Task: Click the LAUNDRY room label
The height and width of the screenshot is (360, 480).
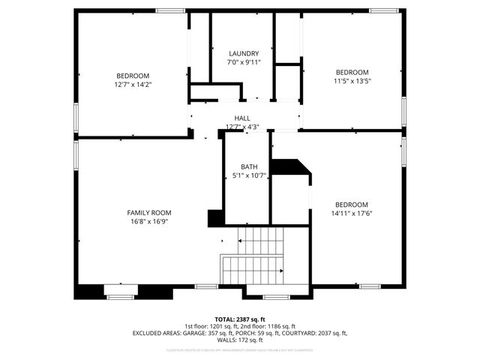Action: pos(244,54)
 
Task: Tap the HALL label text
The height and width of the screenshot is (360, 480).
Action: pos(242,118)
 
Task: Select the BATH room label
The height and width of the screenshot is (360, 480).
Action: pos(249,166)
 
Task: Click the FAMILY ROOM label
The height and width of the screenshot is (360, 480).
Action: pos(149,212)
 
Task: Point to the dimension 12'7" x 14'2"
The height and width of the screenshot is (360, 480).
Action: pos(133,85)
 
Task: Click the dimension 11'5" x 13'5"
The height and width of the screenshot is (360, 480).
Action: pos(352,81)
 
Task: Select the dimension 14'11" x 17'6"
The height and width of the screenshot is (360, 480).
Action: pos(352,214)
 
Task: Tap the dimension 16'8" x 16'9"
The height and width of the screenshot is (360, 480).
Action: pos(149,222)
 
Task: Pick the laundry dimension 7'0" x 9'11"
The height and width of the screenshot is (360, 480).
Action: pos(244,63)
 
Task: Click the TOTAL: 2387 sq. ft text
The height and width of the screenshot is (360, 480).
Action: pos(240,319)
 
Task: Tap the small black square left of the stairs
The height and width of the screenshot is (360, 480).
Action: pos(215,217)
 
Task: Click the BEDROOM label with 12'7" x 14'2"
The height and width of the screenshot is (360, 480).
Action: pos(133,76)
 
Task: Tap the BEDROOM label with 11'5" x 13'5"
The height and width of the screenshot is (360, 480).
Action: pos(352,72)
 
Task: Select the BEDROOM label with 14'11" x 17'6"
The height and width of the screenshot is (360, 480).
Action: pos(352,205)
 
